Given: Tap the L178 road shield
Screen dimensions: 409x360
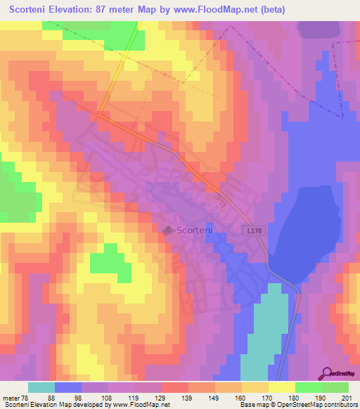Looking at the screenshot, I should pyautogui.click(x=255, y=230).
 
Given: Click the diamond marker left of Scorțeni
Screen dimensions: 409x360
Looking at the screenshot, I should pyautogui.click(x=168, y=230).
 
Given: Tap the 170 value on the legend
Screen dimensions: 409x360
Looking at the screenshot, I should pyautogui.click(x=266, y=397).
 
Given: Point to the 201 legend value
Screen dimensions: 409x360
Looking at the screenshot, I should pyautogui.click(x=346, y=397).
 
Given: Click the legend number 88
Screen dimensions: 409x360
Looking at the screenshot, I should pyautogui.click(x=52, y=397).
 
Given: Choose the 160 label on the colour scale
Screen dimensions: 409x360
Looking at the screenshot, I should pyautogui.click(x=239, y=397).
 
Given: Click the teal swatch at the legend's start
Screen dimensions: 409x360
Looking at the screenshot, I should pyautogui.click(x=41, y=387).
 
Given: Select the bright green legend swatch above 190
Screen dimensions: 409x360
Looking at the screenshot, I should pyautogui.click(x=309, y=387).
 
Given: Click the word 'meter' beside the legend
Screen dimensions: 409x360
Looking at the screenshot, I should pyautogui.click(x=10, y=397).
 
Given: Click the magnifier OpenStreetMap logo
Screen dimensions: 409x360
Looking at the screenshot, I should pyautogui.click(x=328, y=372).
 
